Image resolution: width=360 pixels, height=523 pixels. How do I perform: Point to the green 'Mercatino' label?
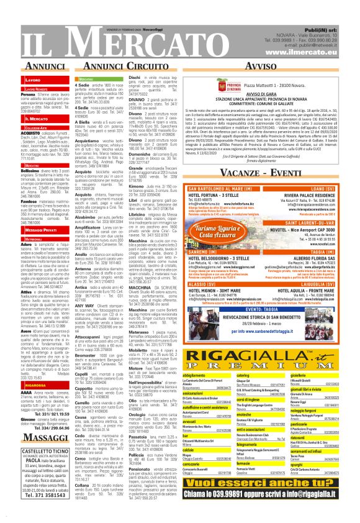tap(86, 80)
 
